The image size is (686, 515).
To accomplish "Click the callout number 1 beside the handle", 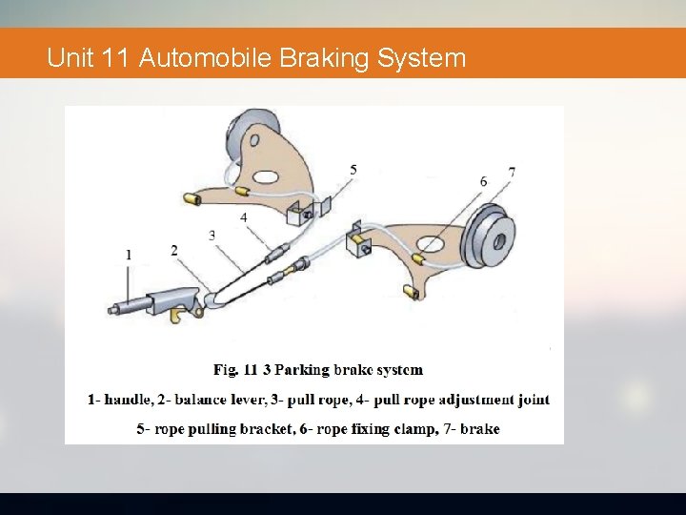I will point(129,255).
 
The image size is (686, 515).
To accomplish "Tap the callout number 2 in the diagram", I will point(174,250).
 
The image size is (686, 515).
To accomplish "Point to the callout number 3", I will point(212,234).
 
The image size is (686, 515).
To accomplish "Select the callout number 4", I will point(244,217).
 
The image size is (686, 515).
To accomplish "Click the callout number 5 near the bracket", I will point(353,170).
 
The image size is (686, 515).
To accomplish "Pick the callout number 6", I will point(484,181).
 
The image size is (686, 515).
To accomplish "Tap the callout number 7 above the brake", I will point(512,173).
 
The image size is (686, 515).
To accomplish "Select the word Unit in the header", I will point(69,58).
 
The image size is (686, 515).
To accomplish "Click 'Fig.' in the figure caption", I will point(226,369).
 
